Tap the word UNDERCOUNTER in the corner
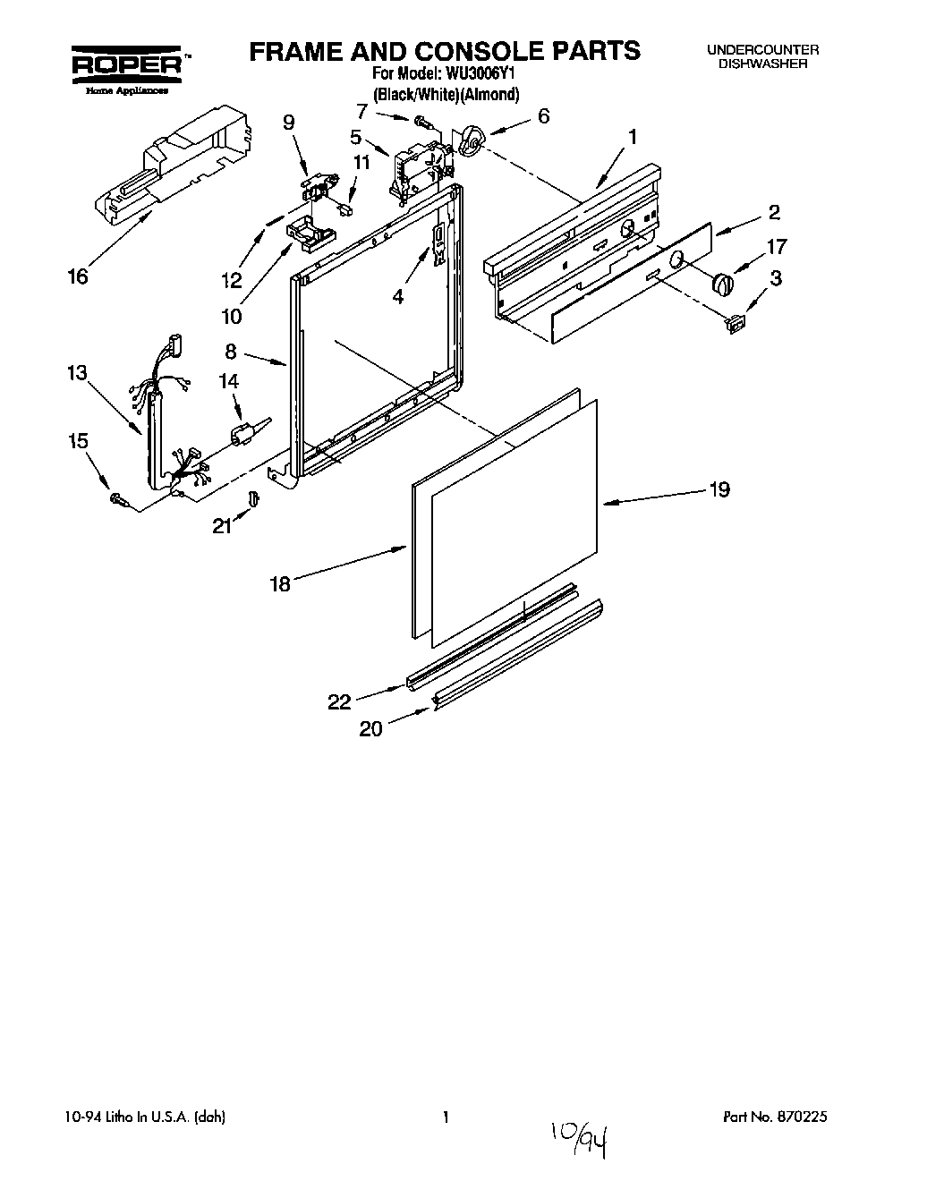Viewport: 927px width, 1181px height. click(762, 51)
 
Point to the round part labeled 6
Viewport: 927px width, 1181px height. click(472, 140)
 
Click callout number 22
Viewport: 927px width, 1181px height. click(339, 702)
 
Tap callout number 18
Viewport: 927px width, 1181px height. click(280, 584)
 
